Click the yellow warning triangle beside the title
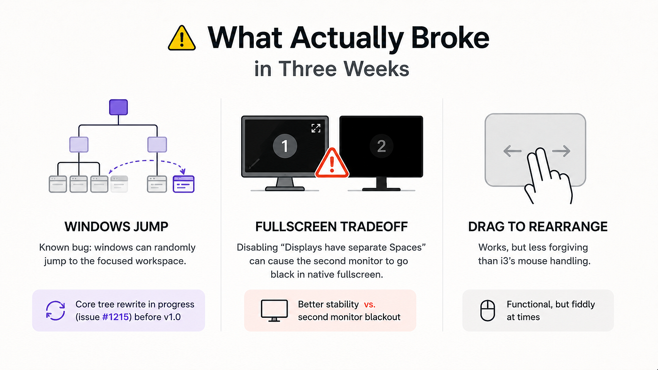(x=181, y=38)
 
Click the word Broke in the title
(x=450, y=38)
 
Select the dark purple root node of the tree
(x=118, y=107)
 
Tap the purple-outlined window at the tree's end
(x=184, y=184)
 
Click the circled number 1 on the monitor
(x=285, y=146)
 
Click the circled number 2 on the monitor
(x=381, y=146)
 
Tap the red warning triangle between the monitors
(x=332, y=163)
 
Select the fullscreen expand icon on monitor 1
(x=316, y=128)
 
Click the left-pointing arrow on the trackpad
(x=512, y=151)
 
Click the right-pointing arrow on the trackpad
(x=561, y=151)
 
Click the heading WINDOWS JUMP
(x=117, y=226)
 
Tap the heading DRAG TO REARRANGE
(x=538, y=226)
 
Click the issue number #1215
(x=116, y=317)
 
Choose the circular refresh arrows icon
(x=55, y=310)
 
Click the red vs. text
(x=369, y=304)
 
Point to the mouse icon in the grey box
(x=488, y=310)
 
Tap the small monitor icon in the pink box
(x=274, y=310)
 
